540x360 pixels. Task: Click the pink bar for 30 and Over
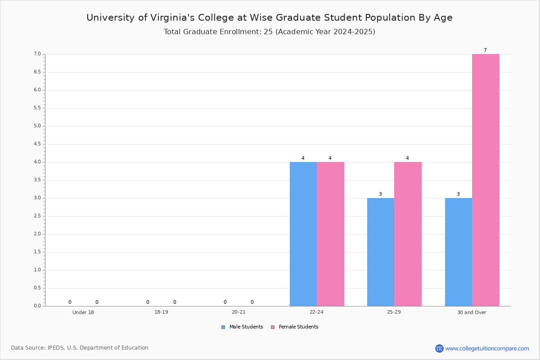[x=486, y=180]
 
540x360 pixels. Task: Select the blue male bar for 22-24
[x=303, y=234]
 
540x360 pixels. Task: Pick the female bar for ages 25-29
[x=408, y=234]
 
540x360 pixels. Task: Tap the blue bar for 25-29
[x=381, y=252]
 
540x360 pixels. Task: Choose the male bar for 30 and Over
[x=459, y=252]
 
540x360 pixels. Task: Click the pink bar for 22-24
[x=330, y=234]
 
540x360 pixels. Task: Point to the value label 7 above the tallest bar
[x=485, y=50]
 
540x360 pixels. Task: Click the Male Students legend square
[x=223, y=327]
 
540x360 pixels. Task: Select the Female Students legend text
[x=298, y=327]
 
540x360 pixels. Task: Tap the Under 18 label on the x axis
[x=83, y=312]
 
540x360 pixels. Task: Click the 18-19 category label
[x=161, y=312]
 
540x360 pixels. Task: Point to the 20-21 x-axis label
[x=238, y=312]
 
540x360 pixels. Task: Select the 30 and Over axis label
[x=472, y=312]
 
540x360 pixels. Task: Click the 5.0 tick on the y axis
[x=37, y=126]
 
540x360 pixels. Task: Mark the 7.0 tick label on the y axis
[x=37, y=54]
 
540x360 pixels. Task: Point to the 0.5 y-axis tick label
[x=37, y=288]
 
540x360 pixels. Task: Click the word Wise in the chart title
[x=261, y=18]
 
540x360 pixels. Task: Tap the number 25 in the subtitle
[x=268, y=32]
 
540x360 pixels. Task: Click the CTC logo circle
[x=439, y=348]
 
